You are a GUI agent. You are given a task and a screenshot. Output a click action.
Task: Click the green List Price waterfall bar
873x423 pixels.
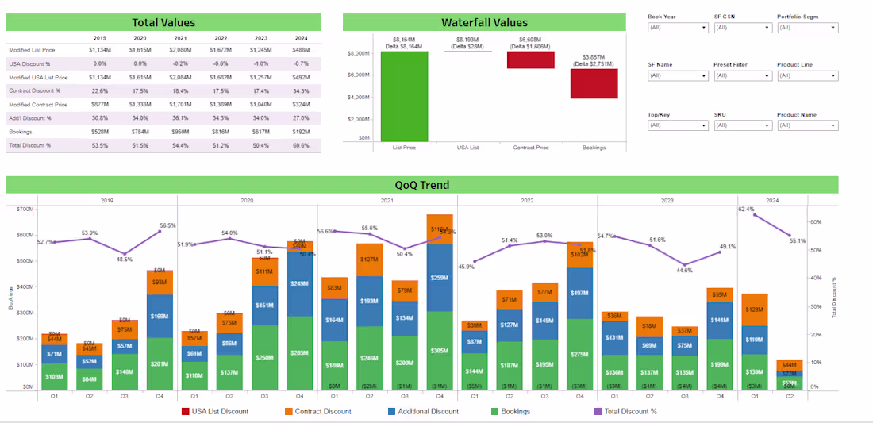click(404, 96)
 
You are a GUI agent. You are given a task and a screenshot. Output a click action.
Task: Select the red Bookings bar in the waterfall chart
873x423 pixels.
click(594, 83)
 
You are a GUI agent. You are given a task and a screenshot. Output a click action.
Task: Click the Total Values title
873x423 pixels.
click(163, 22)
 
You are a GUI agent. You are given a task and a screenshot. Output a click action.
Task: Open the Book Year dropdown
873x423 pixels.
click(677, 28)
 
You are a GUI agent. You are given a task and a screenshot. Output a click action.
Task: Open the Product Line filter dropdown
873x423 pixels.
click(807, 76)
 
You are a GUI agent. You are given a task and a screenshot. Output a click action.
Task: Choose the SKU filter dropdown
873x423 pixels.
click(742, 125)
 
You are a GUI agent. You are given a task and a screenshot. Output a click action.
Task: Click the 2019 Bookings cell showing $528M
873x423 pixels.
click(99, 132)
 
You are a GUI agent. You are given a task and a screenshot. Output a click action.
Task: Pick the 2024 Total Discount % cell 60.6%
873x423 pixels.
click(300, 145)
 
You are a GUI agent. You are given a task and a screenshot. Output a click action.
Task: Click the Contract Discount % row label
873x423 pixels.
click(33, 90)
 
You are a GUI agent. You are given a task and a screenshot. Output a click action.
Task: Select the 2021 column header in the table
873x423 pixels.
click(181, 37)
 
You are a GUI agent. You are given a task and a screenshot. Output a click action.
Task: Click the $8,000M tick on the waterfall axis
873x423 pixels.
click(359, 53)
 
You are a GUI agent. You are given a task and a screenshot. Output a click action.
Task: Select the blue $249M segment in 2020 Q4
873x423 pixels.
click(299, 283)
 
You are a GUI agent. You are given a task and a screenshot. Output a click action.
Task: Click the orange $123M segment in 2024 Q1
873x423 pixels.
click(755, 310)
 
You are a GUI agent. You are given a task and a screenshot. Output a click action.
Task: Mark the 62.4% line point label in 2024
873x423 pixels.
click(746, 210)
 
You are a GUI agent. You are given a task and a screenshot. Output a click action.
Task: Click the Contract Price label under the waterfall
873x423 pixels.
click(532, 148)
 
